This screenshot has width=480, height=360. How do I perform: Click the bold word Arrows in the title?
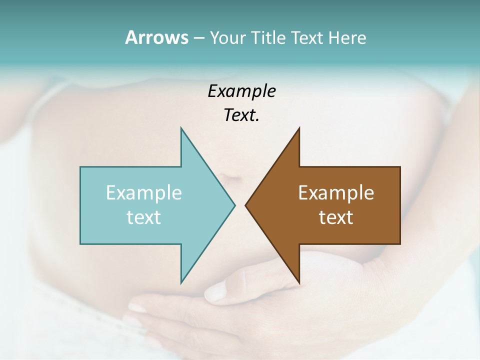pos(156,37)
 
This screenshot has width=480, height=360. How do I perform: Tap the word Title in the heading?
pos(269,38)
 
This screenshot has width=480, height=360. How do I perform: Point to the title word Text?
pos(307,38)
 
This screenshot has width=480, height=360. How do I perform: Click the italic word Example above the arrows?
pos(241,91)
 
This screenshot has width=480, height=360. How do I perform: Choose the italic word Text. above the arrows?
pos(241,115)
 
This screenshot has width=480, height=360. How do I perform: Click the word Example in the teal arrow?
pos(144,193)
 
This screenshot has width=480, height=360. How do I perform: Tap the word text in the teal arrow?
pos(144,217)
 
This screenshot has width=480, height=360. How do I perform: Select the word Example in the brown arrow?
pos(336,193)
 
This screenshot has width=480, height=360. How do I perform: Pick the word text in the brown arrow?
pos(336,217)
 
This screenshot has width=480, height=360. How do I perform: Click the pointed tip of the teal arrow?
pos(234,205)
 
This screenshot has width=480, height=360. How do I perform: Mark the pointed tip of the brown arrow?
pos(246,205)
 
